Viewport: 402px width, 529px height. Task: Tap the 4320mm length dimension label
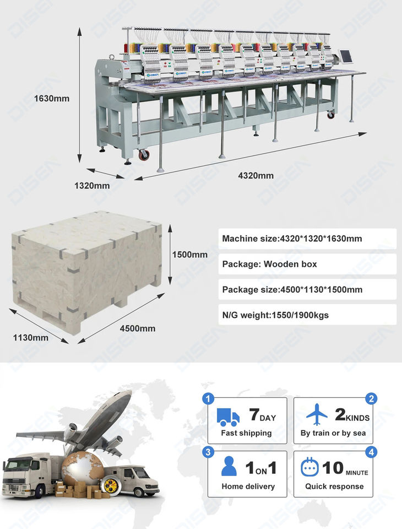[256, 176]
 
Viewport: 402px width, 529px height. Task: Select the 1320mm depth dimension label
[92, 186]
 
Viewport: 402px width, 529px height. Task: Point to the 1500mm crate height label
[190, 255]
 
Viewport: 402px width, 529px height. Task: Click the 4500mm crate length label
[138, 328]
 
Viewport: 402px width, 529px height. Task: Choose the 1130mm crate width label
[31, 337]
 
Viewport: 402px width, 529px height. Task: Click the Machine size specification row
[307, 239]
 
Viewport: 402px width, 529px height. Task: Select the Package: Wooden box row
[307, 264]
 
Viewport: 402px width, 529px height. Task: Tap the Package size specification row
[307, 289]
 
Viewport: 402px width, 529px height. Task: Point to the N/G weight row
[307, 315]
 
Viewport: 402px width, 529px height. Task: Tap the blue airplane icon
[317, 414]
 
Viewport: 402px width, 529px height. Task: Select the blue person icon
[229, 467]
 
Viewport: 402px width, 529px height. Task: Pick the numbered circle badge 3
[208, 452]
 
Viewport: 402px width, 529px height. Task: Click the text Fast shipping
[246, 433]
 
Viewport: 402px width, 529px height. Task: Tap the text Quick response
[334, 487]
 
